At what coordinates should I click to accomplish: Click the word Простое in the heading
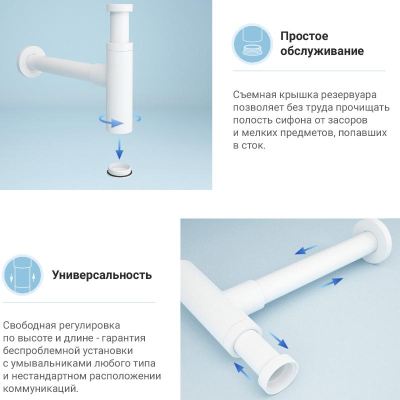coord(304,36)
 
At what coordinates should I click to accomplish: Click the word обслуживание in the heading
coord(322,51)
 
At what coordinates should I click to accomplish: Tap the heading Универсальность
coord(102,275)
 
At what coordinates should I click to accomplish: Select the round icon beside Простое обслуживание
coord(252,45)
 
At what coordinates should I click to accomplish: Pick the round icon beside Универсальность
coord(23,276)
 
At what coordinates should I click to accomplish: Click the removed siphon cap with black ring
coord(120,169)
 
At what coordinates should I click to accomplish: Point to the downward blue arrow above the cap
coord(119,148)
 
